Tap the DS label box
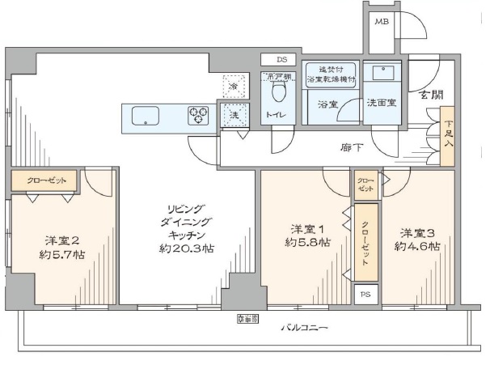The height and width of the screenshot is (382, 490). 281,59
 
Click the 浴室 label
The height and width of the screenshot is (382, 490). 327,104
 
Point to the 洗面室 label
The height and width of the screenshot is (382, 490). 380,104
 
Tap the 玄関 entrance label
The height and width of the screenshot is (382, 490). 431,94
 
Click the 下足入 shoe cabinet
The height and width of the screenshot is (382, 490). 448,137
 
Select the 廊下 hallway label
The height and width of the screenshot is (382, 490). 350,149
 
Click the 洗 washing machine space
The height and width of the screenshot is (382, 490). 234,115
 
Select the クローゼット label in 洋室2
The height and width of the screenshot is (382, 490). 45,180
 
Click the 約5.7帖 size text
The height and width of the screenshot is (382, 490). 62,254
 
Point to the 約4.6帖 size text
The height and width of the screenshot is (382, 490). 417,246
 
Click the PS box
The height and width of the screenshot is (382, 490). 367,294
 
